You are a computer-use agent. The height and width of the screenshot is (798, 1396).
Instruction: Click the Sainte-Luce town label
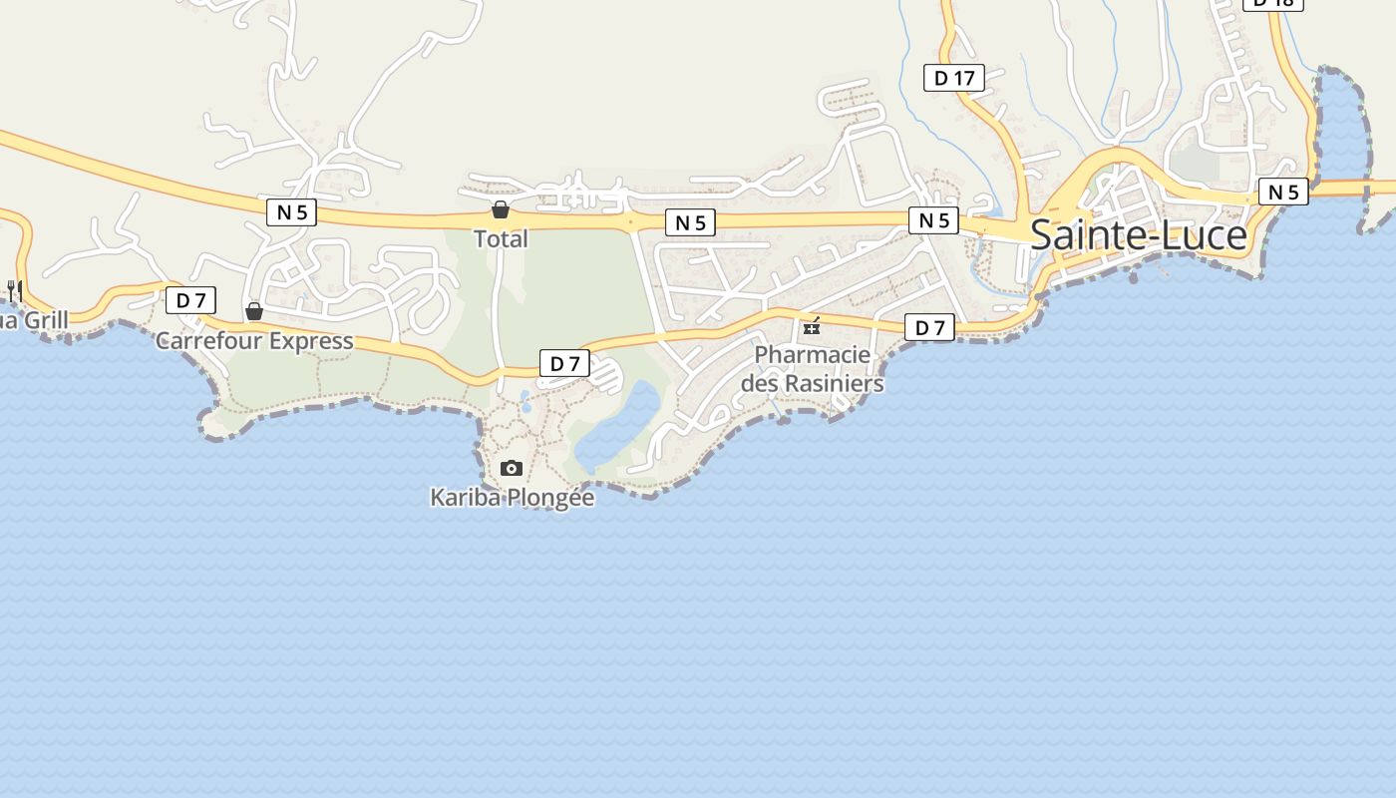(x=1138, y=235)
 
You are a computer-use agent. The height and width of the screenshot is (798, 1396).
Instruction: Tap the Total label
(x=501, y=239)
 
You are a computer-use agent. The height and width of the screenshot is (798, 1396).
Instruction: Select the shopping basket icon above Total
(x=501, y=209)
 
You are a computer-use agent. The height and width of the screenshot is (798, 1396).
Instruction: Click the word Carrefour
(x=207, y=341)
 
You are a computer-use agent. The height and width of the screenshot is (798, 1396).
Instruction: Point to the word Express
(x=308, y=341)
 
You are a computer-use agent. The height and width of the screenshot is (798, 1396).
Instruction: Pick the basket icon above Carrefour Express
(x=254, y=311)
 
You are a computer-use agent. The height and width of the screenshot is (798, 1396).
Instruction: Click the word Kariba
(x=467, y=497)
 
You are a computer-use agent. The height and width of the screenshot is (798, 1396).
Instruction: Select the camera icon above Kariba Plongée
(x=512, y=468)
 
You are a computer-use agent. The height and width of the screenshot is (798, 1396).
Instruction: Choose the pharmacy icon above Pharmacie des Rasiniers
(x=812, y=326)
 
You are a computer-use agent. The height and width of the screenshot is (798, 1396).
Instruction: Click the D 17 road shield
(x=954, y=78)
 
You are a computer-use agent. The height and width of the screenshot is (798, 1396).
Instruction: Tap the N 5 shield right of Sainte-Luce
(x=1283, y=192)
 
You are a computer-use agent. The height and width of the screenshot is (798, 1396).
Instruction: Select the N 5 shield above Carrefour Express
(x=291, y=211)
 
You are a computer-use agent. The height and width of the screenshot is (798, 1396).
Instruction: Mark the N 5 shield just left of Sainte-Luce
(x=933, y=220)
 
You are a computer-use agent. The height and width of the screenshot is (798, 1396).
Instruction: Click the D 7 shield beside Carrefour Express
(x=190, y=300)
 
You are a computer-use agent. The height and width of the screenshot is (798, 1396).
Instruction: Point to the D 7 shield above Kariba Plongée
(x=564, y=364)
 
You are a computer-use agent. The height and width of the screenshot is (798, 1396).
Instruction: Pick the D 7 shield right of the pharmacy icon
(x=929, y=327)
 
